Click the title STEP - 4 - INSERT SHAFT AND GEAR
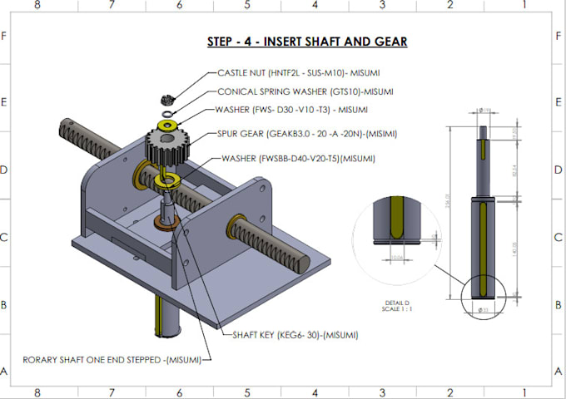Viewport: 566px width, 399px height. pos(306,42)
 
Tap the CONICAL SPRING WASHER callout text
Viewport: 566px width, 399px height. pos(305,91)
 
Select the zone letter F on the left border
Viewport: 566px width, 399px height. pos(4,36)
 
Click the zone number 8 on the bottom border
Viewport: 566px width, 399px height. pos(37,392)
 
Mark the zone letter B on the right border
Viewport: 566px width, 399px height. pos(559,304)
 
